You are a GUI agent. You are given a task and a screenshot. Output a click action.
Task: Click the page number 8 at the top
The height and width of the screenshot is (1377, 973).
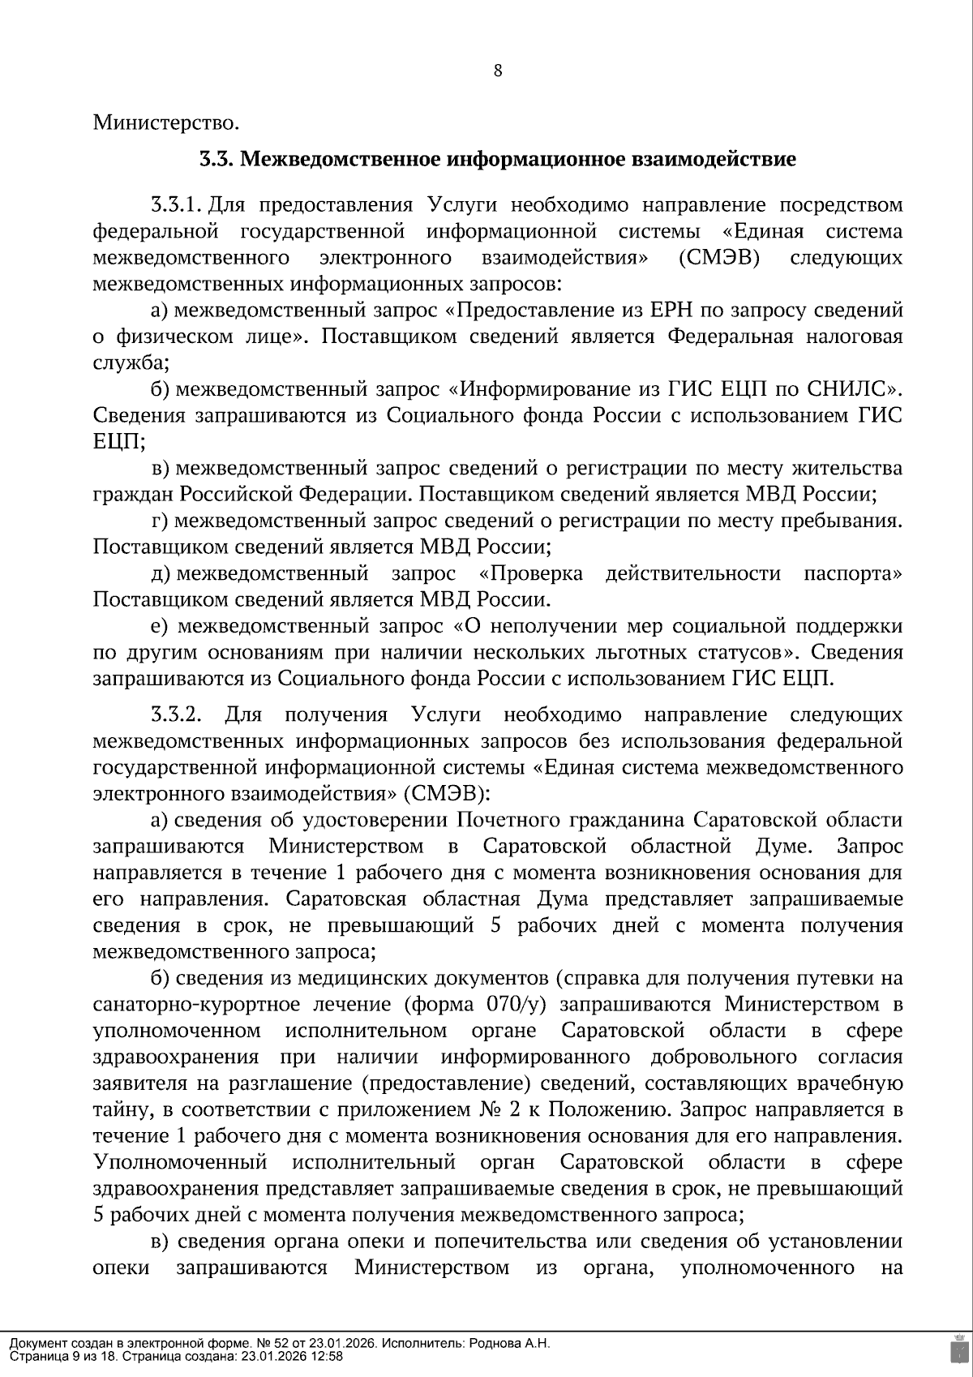pos(498,71)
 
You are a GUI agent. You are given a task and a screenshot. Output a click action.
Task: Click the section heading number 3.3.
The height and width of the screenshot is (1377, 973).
pos(216,159)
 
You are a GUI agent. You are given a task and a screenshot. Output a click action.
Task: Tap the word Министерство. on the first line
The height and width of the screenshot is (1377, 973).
pos(166,123)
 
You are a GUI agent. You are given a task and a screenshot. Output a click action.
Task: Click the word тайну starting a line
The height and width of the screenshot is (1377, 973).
pos(118,1109)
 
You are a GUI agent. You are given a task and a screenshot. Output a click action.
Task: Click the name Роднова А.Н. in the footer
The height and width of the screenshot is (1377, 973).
pos(509,1344)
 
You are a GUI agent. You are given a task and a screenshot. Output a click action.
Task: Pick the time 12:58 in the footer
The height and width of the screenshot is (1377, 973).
pos(328,1356)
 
